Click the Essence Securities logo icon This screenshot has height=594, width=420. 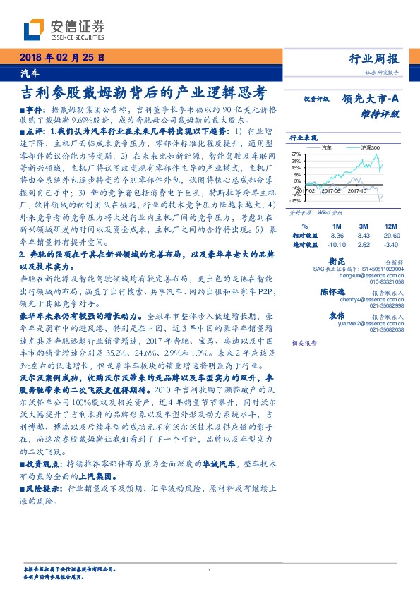[x=34, y=30]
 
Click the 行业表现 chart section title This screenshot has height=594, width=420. [x=305, y=139]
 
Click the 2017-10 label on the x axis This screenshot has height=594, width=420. [x=356, y=190]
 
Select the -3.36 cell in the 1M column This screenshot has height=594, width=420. [x=335, y=235]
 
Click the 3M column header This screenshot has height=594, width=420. [x=364, y=226]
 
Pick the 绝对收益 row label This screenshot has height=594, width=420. [x=305, y=245]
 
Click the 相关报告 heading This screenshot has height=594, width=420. [x=305, y=342]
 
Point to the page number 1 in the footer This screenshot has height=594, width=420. [x=210, y=571]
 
